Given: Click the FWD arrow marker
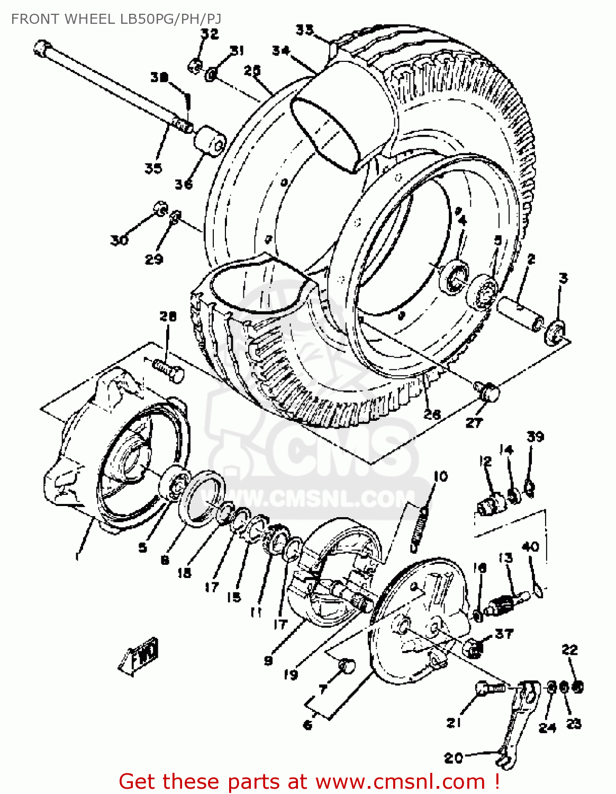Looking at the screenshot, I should pyautogui.click(x=139, y=656).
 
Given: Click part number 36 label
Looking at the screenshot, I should pyautogui.click(x=184, y=184).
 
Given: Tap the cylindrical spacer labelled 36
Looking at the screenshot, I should pyautogui.click(x=210, y=140).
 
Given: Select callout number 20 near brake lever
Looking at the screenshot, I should pyautogui.click(x=454, y=758).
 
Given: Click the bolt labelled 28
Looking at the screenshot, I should pyautogui.click(x=169, y=369).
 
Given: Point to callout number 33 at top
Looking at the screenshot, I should pyautogui.click(x=304, y=30).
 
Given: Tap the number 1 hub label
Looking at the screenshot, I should pyautogui.click(x=78, y=556).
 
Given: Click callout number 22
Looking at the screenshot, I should pyautogui.click(x=569, y=649).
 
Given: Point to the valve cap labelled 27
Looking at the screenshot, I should pyautogui.click(x=487, y=392).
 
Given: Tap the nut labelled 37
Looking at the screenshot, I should pyautogui.click(x=472, y=647).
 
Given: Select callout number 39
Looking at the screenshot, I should pyautogui.click(x=535, y=437).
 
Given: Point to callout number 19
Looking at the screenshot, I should pyautogui.click(x=291, y=674).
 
